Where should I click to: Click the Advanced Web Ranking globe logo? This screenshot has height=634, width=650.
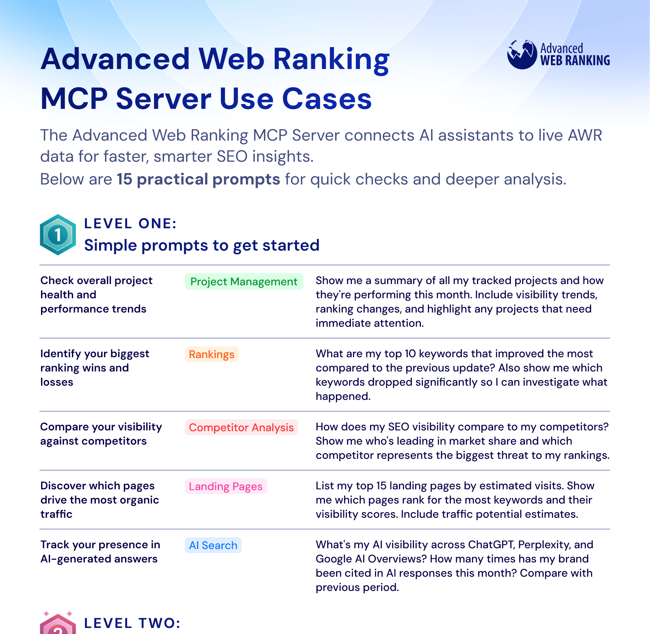pos(522,55)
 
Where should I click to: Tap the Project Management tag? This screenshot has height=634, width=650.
pos(244,282)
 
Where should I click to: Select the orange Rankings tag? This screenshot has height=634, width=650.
pos(211,354)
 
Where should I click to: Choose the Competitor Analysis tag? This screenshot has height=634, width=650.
pos(241,428)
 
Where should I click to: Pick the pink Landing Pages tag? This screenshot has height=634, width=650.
pos(225,486)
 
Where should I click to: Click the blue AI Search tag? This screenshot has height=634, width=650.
pos(213,545)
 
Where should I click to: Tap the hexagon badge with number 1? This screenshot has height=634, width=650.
pos(58,234)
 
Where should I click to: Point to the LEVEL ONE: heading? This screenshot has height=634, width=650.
pos(130,224)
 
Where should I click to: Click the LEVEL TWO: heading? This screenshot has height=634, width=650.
pos(132,623)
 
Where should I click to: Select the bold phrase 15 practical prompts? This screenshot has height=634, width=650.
pos(198,179)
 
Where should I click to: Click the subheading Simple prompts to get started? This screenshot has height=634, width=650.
pos(201,245)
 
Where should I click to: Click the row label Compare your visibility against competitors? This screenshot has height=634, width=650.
pos(101,434)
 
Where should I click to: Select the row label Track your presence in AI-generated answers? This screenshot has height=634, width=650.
pos(100,551)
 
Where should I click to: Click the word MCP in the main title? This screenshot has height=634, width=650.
pos(74,99)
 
